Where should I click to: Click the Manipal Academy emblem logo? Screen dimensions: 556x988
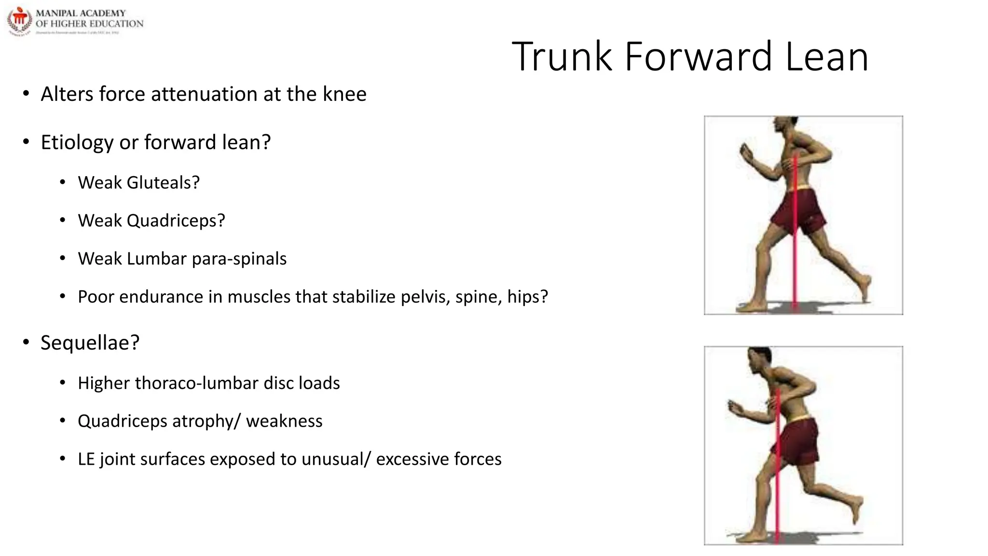(19, 21)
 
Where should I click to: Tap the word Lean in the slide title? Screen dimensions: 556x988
(827, 56)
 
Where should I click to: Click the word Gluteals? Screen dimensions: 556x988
(163, 182)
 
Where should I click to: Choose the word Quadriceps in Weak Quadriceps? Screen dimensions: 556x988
(176, 221)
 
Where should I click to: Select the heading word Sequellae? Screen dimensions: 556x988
(90, 343)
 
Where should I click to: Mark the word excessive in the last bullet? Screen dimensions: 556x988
(412, 459)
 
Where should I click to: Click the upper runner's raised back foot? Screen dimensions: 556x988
(866, 286)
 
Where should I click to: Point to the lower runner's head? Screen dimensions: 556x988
(759, 360)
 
